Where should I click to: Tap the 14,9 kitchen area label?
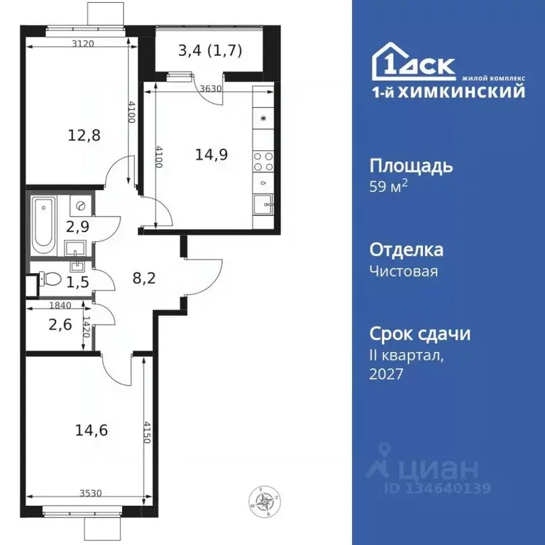tap(211, 154)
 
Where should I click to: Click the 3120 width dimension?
tap(84, 43)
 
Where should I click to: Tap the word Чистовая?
tap(404, 271)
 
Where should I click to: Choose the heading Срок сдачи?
tap(420, 334)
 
